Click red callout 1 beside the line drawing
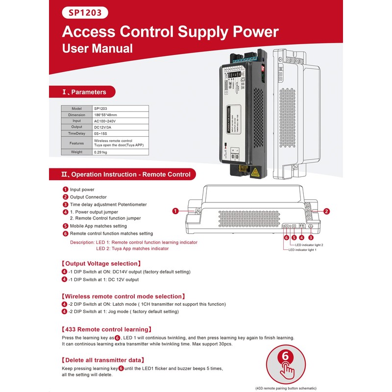pyautogui.click(x=175, y=211)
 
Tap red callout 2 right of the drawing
pyautogui.click(x=326, y=211)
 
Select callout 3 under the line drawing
pyautogui.click(x=310, y=238)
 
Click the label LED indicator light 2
pyautogui.click(x=309, y=245)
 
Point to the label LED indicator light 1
pyautogui.click(x=302, y=250)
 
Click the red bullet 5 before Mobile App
pyautogui.click(x=65, y=226)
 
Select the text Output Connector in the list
pyautogui.click(x=88, y=197)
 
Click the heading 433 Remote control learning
pyautogui.click(x=106, y=329)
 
